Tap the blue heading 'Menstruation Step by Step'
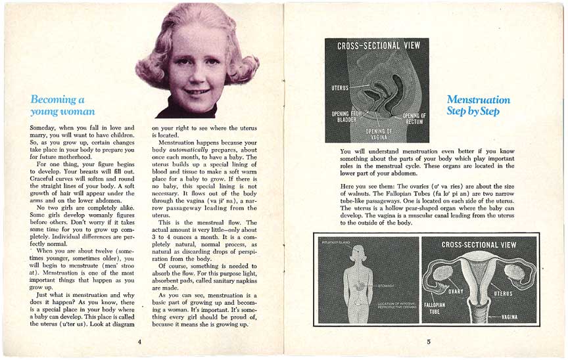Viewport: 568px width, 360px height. click(x=478, y=105)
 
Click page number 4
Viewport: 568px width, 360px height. click(x=139, y=342)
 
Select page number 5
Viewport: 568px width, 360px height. click(x=428, y=342)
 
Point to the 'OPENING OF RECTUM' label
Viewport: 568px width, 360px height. click(x=414, y=120)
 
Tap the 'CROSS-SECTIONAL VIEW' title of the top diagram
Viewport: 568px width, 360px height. click(x=377, y=46)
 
